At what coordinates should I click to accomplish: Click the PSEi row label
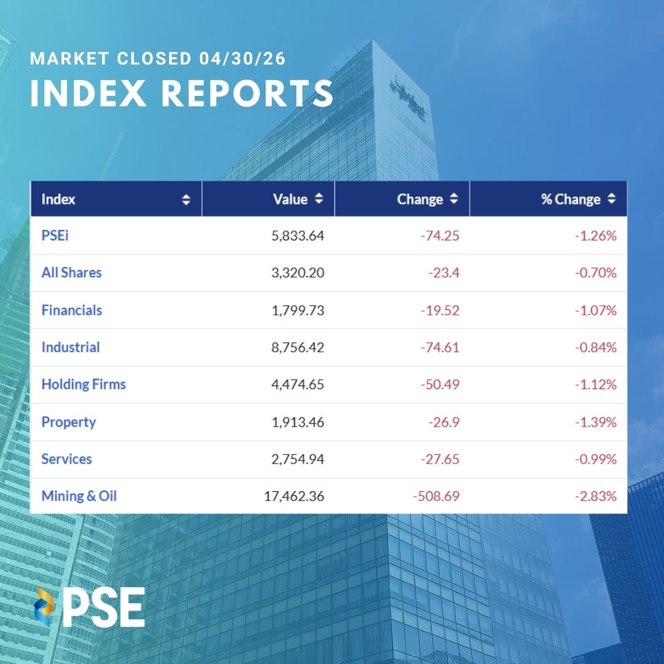click(55, 235)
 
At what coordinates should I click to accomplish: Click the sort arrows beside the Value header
click(318, 199)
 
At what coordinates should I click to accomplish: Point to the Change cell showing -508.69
click(435, 496)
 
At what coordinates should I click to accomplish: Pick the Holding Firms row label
click(84, 385)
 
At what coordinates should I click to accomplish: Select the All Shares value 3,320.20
click(298, 273)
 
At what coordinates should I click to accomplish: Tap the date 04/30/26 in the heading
click(242, 60)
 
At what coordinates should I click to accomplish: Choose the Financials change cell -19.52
click(440, 310)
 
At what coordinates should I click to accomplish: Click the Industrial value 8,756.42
click(298, 347)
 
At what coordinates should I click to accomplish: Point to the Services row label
click(66, 459)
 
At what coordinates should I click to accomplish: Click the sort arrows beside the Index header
click(186, 199)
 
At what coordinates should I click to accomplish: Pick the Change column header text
click(420, 199)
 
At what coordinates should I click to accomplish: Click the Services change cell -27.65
click(440, 459)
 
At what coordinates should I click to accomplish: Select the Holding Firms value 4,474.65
click(298, 385)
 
